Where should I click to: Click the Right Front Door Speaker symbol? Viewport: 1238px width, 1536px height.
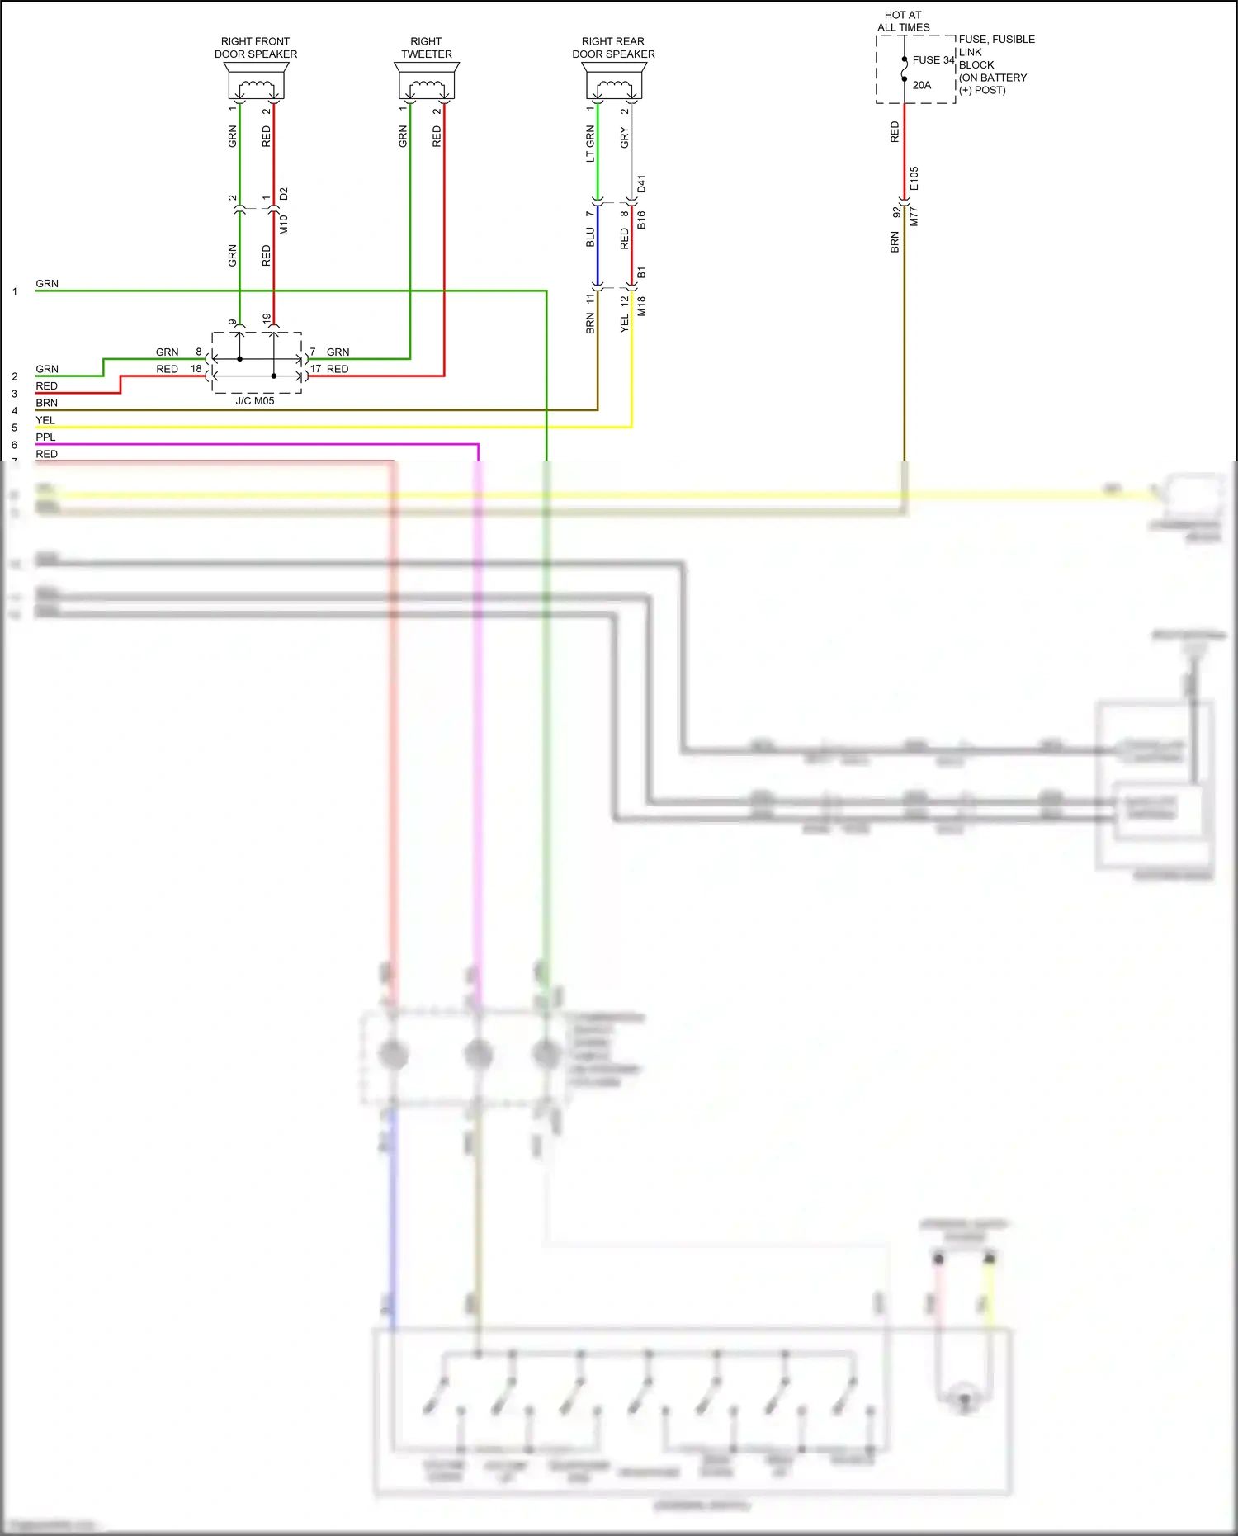coord(256,83)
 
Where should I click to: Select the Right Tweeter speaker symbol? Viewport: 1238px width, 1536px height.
coord(427,83)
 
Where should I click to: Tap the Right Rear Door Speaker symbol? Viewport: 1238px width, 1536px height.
coord(614,83)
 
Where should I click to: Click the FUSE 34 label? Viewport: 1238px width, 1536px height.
coord(933,60)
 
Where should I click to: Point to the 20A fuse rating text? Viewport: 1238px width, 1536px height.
coord(922,85)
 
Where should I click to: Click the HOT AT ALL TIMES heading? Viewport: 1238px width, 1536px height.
coord(903,21)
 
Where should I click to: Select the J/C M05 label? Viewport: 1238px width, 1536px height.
coord(255,401)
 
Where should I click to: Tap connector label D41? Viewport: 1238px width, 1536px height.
coord(642,184)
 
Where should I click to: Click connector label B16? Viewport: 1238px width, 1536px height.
coord(642,220)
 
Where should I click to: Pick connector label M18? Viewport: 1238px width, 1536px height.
coord(642,306)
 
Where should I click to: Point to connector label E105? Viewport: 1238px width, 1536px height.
coord(914,178)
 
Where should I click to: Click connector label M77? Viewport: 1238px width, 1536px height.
coord(914,217)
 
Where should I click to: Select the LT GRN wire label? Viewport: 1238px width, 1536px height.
coord(590,144)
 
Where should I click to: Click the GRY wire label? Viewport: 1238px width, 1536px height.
coord(625,138)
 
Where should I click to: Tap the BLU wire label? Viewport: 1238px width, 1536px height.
coord(590,238)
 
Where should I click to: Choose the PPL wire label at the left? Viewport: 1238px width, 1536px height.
coord(45,437)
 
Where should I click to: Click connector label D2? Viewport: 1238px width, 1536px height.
coord(284,194)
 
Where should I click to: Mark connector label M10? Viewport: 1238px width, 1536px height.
coord(284,224)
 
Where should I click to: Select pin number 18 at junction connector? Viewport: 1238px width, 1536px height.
coord(196,369)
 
